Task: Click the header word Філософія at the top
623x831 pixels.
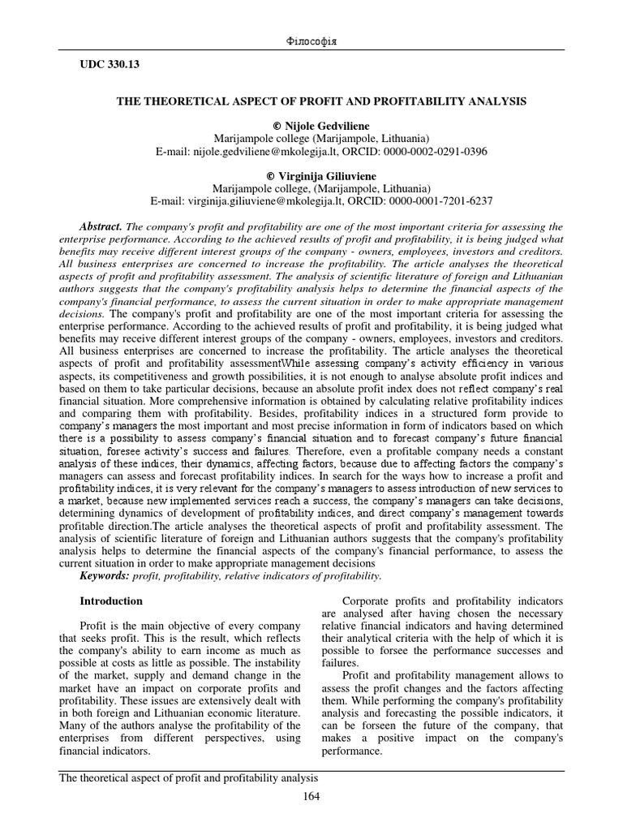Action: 311,41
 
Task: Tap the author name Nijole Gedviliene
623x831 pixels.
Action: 318,126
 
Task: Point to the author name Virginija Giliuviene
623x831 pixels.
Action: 317,175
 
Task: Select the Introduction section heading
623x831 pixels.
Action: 110,601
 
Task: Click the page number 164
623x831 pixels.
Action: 311,796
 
